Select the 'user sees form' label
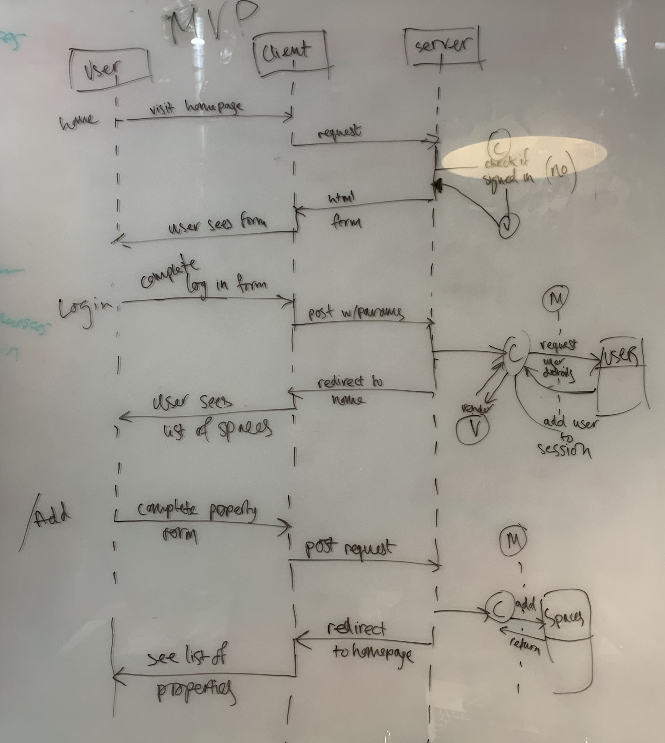(217, 222)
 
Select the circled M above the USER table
(556, 300)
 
